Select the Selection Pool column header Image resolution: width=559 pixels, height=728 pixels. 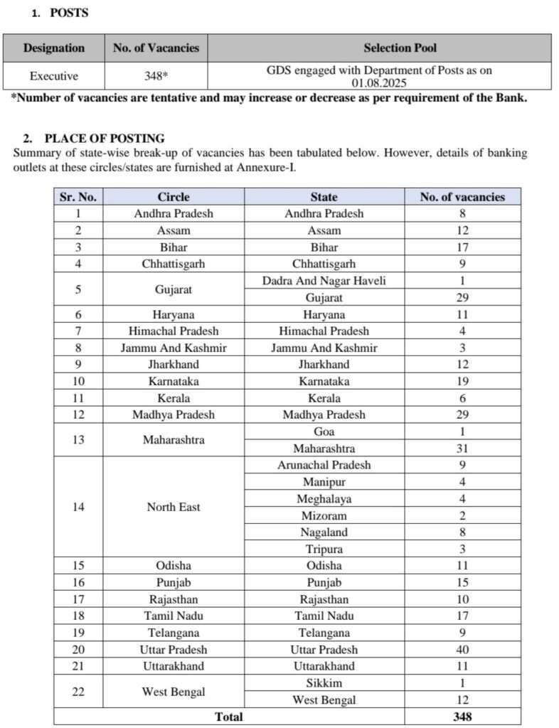(x=400, y=48)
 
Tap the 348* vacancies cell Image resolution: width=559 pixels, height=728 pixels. (x=156, y=76)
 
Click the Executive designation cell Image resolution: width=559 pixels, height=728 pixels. (x=53, y=76)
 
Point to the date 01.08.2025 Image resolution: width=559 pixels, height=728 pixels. (x=379, y=82)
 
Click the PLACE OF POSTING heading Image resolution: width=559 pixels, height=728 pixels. (x=104, y=139)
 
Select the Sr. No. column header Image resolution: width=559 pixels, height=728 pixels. (x=78, y=197)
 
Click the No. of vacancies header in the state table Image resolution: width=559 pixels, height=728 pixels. (x=462, y=197)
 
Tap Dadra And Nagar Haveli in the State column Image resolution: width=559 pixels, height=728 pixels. (x=324, y=280)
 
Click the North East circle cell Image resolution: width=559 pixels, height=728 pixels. (x=174, y=507)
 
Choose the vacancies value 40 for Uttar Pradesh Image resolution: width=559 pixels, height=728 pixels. (x=462, y=649)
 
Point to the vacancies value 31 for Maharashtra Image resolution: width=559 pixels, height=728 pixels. (x=462, y=448)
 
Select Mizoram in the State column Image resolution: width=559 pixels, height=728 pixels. (x=324, y=515)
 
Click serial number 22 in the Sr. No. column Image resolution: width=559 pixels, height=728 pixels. (x=78, y=691)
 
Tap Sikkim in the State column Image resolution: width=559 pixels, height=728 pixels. (x=324, y=683)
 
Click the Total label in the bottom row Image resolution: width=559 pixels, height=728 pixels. (x=228, y=717)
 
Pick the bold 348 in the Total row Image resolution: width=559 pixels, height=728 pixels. (x=462, y=717)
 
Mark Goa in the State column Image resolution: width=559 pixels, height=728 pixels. (x=324, y=432)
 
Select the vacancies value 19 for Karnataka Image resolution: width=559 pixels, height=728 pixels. (x=462, y=381)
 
